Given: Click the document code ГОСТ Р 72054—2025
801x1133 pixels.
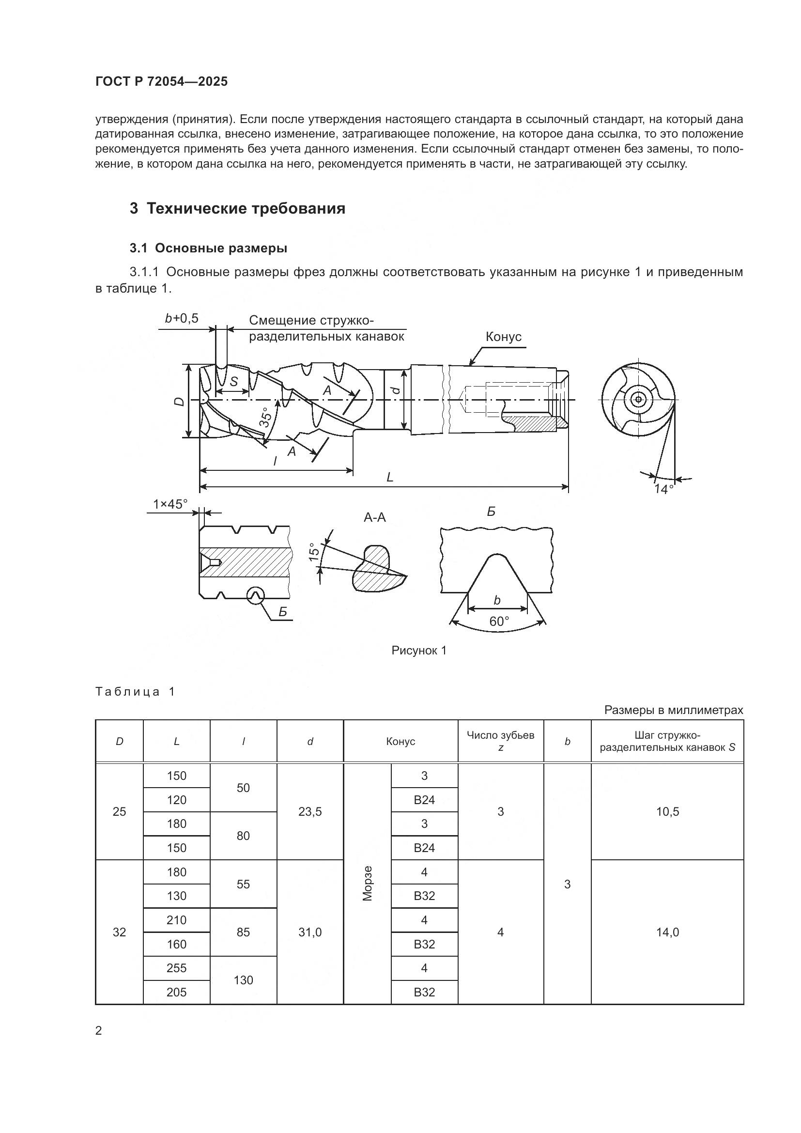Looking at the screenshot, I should pyautogui.click(x=161, y=81).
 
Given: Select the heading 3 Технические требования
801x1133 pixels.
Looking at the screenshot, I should pyautogui.click(x=237, y=209).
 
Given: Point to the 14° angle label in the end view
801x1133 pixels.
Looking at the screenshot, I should pyautogui.click(x=663, y=489).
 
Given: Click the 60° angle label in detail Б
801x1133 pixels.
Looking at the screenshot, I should pyautogui.click(x=499, y=621).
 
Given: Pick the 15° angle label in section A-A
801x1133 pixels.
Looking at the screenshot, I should pyautogui.click(x=313, y=552).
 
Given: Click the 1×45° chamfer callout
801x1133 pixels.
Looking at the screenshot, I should pyautogui.click(x=170, y=504).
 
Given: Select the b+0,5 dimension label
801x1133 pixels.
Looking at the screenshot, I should pyautogui.click(x=182, y=318).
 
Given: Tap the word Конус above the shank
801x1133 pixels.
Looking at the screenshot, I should pyautogui.click(x=503, y=337).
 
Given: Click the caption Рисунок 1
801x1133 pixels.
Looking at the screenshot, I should pyautogui.click(x=419, y=651).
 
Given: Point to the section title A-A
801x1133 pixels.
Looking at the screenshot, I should pyautogui.click(x=374, y=518).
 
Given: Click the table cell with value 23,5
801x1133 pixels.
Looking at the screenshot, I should pyautogui.click(x=310, y=812).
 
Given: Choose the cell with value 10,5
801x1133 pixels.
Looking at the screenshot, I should pyautogui.click(x=667, y=812).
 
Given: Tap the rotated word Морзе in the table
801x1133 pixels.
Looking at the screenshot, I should pyautogui.click(x=367, y=884).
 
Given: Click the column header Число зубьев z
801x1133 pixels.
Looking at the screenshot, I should pyautogui.click(x=500, y=741).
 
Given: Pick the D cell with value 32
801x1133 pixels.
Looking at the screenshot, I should pyautogui.click(x=119, y=931).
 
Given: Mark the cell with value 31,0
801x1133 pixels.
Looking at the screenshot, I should pyautogui.click(x=310, y=931).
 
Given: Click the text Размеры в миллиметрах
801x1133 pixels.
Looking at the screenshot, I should pyautogui.click(x=673, y=710).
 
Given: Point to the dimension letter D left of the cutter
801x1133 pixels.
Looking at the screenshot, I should pyautogui.click(x=180, y=401).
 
